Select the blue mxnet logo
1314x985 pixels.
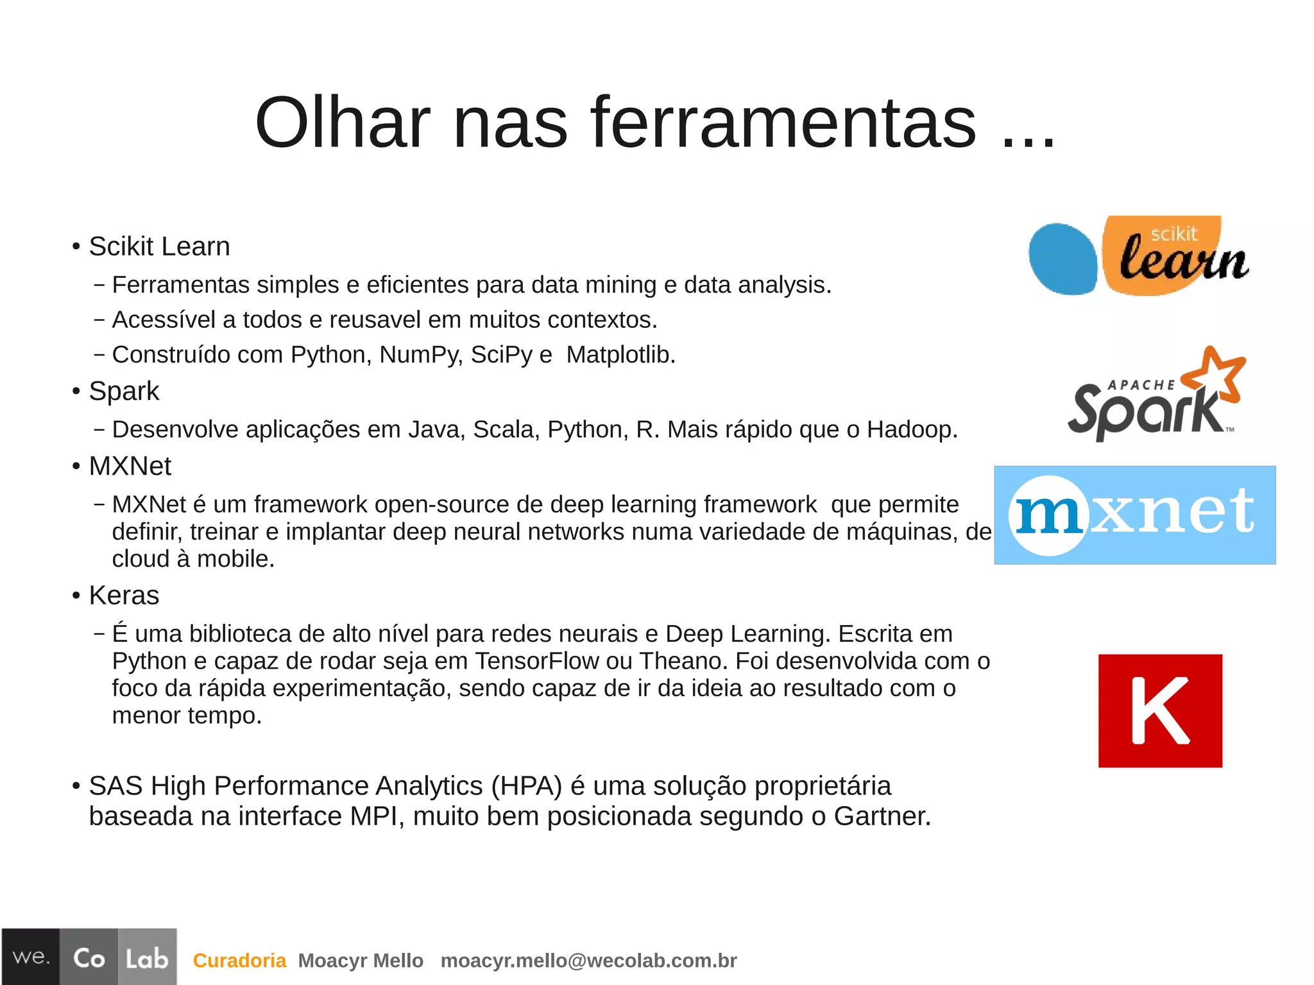coord(1134,515)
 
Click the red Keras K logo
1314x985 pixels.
coord(1160,710)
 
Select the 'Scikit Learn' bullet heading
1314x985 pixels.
coord(159,246)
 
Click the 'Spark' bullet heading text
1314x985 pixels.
coord(124,391)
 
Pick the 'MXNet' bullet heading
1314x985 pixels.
coord(130,466)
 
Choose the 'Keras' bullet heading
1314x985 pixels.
coord(124,595)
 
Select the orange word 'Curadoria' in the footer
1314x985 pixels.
coord(239,961)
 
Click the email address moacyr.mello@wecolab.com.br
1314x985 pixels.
coord(588,961)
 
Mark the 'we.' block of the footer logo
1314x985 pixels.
coord(31,957)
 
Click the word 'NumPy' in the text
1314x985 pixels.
coord(420,354)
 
